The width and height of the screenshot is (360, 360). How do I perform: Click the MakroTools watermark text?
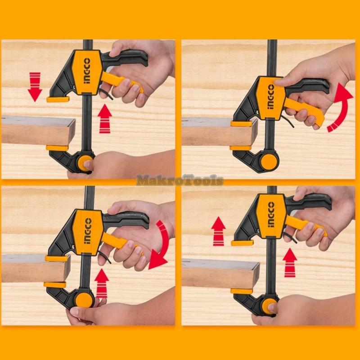pos(180,180)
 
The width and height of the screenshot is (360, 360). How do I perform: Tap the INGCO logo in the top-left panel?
pos(87,71)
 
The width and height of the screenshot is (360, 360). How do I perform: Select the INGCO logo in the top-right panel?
pos(271,97)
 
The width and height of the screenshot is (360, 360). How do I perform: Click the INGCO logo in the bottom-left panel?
pos(88,231)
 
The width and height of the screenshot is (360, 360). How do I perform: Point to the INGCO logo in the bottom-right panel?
pos(271,215)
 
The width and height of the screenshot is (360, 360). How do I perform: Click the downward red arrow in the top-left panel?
pos(35,86)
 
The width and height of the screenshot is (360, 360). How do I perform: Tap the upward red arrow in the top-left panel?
pos(105,119)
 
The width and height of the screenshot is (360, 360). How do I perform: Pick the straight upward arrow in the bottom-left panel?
pos(102,283)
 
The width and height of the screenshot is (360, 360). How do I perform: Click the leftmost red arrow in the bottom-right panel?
pos(218,231)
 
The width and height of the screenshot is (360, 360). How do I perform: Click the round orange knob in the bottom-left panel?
pos(85,300)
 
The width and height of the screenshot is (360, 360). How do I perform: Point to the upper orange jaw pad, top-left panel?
pos(58,99)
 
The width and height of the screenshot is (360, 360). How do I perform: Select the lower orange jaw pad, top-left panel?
pos(57,148)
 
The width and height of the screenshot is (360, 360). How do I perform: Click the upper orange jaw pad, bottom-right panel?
pos(243,243)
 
